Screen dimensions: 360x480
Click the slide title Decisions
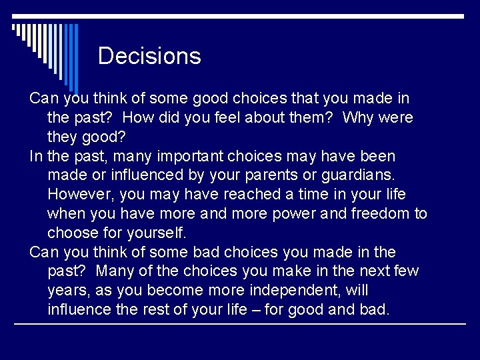tap(149, 56)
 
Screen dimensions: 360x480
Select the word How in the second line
tap(139, 118)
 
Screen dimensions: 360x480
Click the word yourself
tap(156, 233)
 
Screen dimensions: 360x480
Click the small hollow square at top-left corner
tap(14, 28)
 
